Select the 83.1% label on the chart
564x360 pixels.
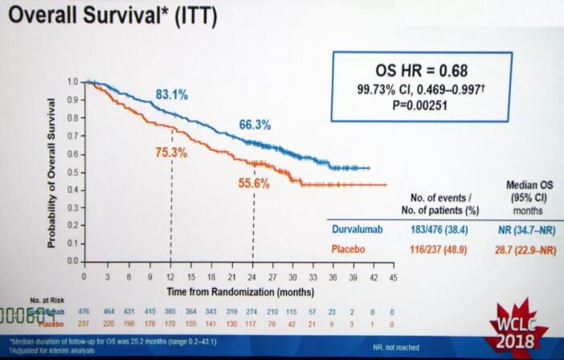[x=173, y=95]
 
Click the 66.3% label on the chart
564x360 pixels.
[x=255, y=125]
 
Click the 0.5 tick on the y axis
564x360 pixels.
[x=73, y=171]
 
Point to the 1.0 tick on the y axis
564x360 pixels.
[x=73, y=82]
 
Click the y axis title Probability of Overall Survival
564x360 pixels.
[x=52, y=172]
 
